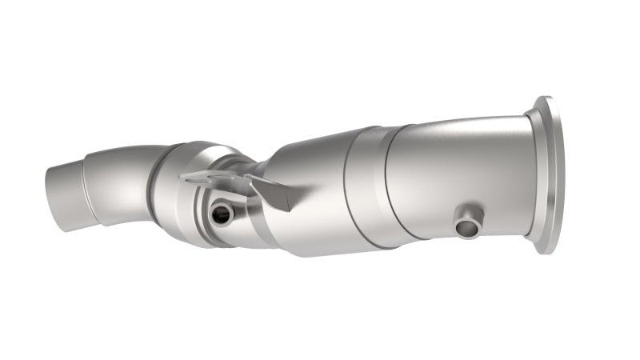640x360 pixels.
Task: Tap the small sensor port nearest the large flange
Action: pyautogui.click(x=468, y=226)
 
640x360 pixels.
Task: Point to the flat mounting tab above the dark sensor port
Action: pyautogui.click(x=203, y=177)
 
